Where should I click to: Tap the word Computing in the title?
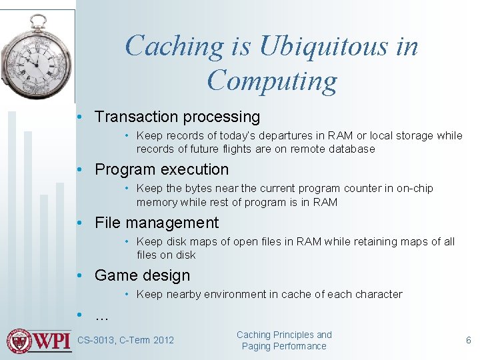click(x=272, y=81)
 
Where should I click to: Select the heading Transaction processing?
click(x=177, y=117)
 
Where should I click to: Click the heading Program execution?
click(x=161, y=169)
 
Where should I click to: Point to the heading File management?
click(x=156, y=223)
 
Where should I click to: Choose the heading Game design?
click(x=142, y=275)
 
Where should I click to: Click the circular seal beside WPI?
click(x=19, y=341)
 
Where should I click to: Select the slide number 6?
click(x=468, y=340)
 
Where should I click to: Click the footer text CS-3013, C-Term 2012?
click(x=125, y=340)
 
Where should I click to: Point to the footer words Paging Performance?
click(x=284, y=346)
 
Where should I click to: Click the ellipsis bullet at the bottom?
click(x=102, y=315)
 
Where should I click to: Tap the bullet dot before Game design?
click(x=79, y=275)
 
